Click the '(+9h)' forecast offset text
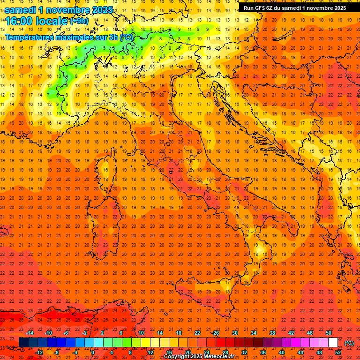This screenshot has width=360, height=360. tap(78, 21)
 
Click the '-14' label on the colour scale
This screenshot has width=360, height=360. tap(30, 332)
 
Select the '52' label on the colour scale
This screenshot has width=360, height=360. tap(338, 352)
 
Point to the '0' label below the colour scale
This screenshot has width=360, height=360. tap(93, 352)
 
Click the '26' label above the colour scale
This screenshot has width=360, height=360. tap(216, 332)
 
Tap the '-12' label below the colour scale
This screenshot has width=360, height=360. tap(39, 352)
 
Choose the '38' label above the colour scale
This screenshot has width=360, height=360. tap(272, 332)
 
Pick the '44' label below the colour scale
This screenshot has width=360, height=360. tap(300, 352)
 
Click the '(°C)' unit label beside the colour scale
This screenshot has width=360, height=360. tap(349, 343)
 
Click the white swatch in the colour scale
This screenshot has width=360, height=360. tap(333, 342)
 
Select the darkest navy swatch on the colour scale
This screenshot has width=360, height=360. tap(23, 342)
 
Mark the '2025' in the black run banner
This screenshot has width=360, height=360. tap(339, 8)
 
